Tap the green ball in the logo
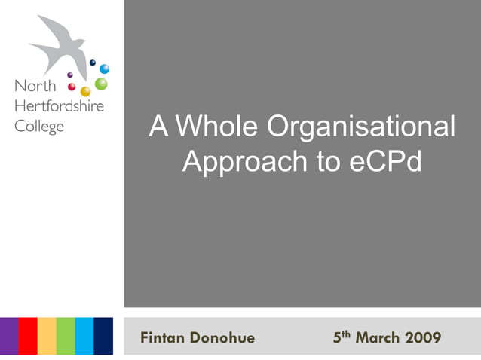click(101, 84)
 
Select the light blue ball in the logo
click(104, 69)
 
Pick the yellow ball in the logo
click(86, 92)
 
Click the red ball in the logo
click(72, 87)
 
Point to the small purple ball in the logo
click(70, 75)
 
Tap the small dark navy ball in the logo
click(92, 63)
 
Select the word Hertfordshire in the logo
click(59, 106)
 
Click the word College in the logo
click(39, 126)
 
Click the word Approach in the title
click(244, 160)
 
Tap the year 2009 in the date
click(423, 337)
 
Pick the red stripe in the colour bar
click(28, 336)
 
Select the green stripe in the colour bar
click(66, 336)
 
